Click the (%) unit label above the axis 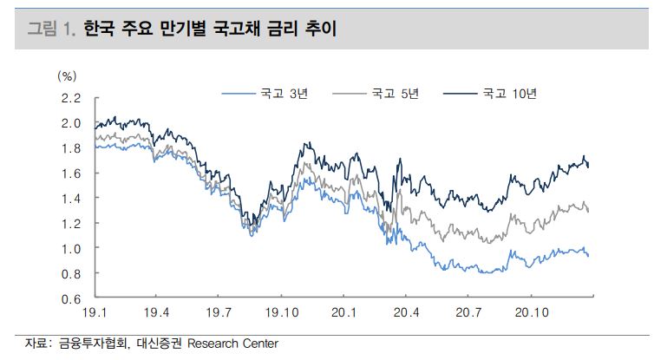click(x=67, y=76)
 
